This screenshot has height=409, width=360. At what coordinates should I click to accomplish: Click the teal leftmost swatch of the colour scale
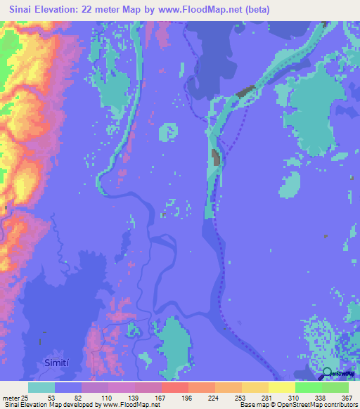click(41, 387)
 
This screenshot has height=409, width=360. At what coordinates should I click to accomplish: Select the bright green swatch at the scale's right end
click(335, 387)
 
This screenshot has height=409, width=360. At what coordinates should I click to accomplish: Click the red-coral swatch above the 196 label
click(174, 387)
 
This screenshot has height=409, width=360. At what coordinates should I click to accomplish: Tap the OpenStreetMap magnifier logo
click(328, 372)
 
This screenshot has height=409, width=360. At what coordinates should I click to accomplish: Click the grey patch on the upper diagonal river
click(245, 91)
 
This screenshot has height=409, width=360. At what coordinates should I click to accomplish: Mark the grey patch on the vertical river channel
click(216, 158)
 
